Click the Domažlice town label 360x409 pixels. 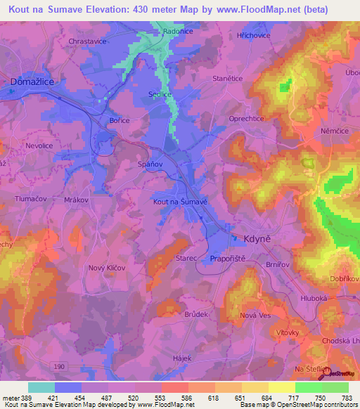tap(32, 82)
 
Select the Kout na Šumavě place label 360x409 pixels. tap(180, 202)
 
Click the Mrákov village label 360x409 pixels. tap(76, 200)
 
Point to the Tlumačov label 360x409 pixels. tap(29, 199)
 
